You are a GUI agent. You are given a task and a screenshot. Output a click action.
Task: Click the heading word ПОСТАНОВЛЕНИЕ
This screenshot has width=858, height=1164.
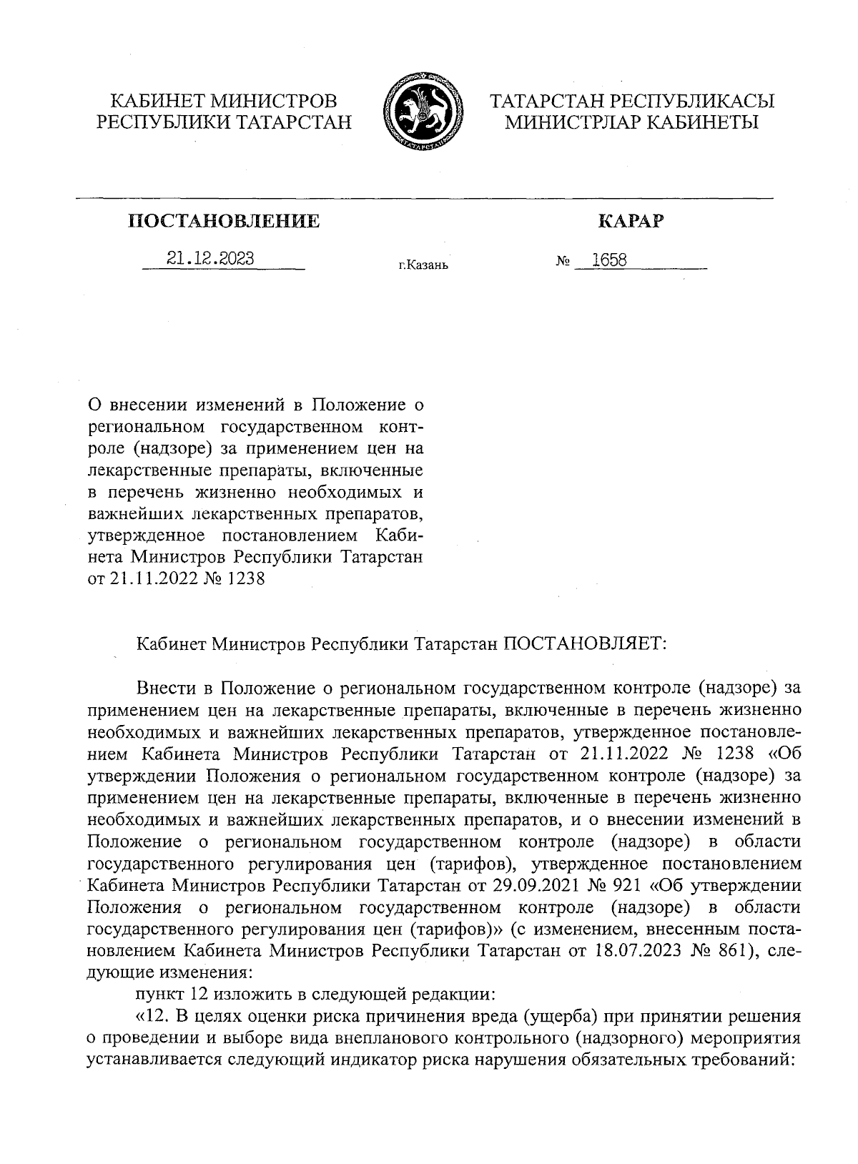(224, 222)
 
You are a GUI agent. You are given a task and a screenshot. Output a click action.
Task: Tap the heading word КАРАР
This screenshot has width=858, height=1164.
(630, 222)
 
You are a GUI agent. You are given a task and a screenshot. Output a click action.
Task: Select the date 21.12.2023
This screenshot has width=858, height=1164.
(210, 259)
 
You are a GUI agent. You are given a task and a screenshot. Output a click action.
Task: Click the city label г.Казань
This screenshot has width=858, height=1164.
(423, 266)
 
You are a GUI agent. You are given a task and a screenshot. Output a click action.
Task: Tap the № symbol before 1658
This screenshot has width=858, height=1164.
(562, 262)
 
